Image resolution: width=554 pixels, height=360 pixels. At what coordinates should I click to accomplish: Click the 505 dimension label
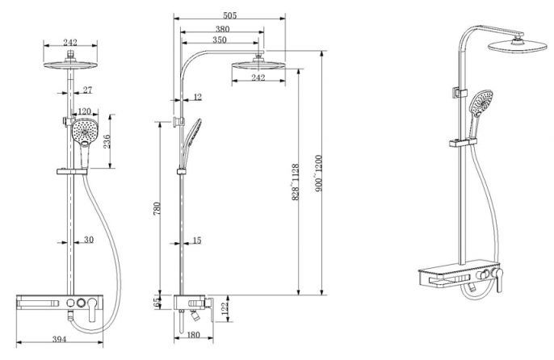coord(229,15)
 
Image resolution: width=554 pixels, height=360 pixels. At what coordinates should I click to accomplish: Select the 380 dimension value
coord(222,29)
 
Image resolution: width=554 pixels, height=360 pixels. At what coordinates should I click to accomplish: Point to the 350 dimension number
coord(220,40)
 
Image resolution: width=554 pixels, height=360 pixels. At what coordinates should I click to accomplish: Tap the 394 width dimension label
coord(60,339)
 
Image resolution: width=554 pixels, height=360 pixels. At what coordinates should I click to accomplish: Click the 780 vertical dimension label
coord(157,208)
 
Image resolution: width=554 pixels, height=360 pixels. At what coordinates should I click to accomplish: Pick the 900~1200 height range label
coord(318,173)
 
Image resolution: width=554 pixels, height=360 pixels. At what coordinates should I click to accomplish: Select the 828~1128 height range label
coord(296,182)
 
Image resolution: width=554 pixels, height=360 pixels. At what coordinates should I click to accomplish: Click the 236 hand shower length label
coord(107,141)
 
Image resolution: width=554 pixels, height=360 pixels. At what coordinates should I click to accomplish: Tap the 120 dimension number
coord(85,111)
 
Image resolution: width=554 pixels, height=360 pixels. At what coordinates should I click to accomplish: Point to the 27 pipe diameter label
coord(87,90)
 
